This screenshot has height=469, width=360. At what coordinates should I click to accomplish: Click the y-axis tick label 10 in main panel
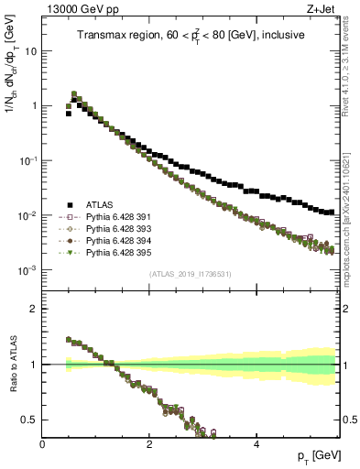coord(30,51)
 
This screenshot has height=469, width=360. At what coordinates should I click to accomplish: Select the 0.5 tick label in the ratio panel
coord(29,420)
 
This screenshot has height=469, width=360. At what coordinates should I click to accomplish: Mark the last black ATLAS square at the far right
coord(331,212)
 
